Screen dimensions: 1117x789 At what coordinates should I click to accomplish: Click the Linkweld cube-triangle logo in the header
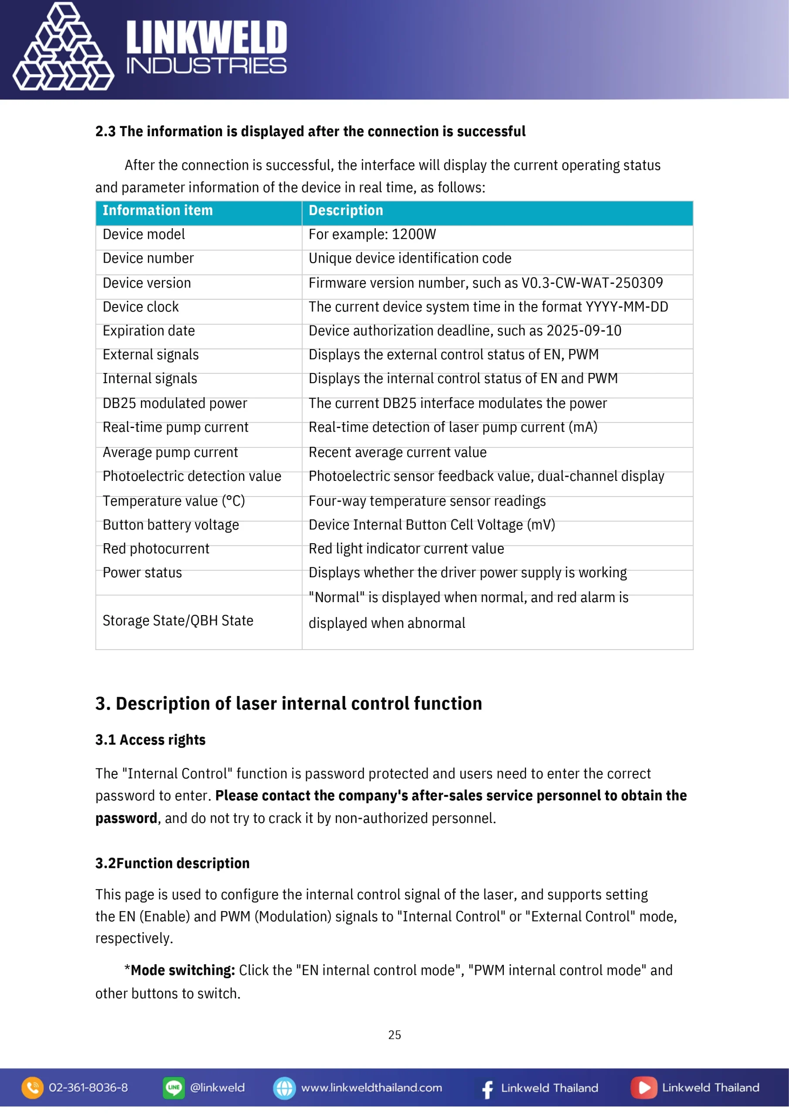click(x=63, y=48)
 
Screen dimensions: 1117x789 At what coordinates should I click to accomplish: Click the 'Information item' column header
click(x=157, y=211)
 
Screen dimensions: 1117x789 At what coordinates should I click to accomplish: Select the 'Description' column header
click(x=346, y=211)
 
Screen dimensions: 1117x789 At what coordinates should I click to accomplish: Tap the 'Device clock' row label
click(x=140, y=307)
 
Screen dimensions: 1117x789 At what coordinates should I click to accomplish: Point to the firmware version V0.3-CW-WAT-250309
click(x=592, y=283)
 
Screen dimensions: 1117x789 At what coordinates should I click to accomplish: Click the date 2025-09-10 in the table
click(x=583, y=331)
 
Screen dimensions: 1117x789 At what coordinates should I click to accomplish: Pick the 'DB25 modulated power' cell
click(x=174, y=403)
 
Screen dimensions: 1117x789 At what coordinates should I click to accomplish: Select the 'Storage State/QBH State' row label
click(x=178, y=621)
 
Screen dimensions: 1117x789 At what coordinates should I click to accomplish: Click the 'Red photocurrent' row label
click(x=156, y=549)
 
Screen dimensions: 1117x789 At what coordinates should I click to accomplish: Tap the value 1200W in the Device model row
click(x=414, y=234)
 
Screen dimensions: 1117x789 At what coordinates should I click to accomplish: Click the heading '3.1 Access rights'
click(x=150, y=740)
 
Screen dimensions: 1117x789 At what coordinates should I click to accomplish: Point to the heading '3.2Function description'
click(x=172, y=863)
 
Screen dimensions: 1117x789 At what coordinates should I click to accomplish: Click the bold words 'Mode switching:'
click(x=183, y=970)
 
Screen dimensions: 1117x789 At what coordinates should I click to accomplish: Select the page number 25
click(x=394, y=1035)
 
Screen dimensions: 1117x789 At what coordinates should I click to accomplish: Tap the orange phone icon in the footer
click(x=33, y=1088)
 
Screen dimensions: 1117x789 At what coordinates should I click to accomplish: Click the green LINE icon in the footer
click(x=173, y=1088)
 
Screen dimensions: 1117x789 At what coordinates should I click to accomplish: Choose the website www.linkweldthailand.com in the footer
click(x=371, y=1088)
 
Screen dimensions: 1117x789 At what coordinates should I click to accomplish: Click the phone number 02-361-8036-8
click(x=88, y=1088)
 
